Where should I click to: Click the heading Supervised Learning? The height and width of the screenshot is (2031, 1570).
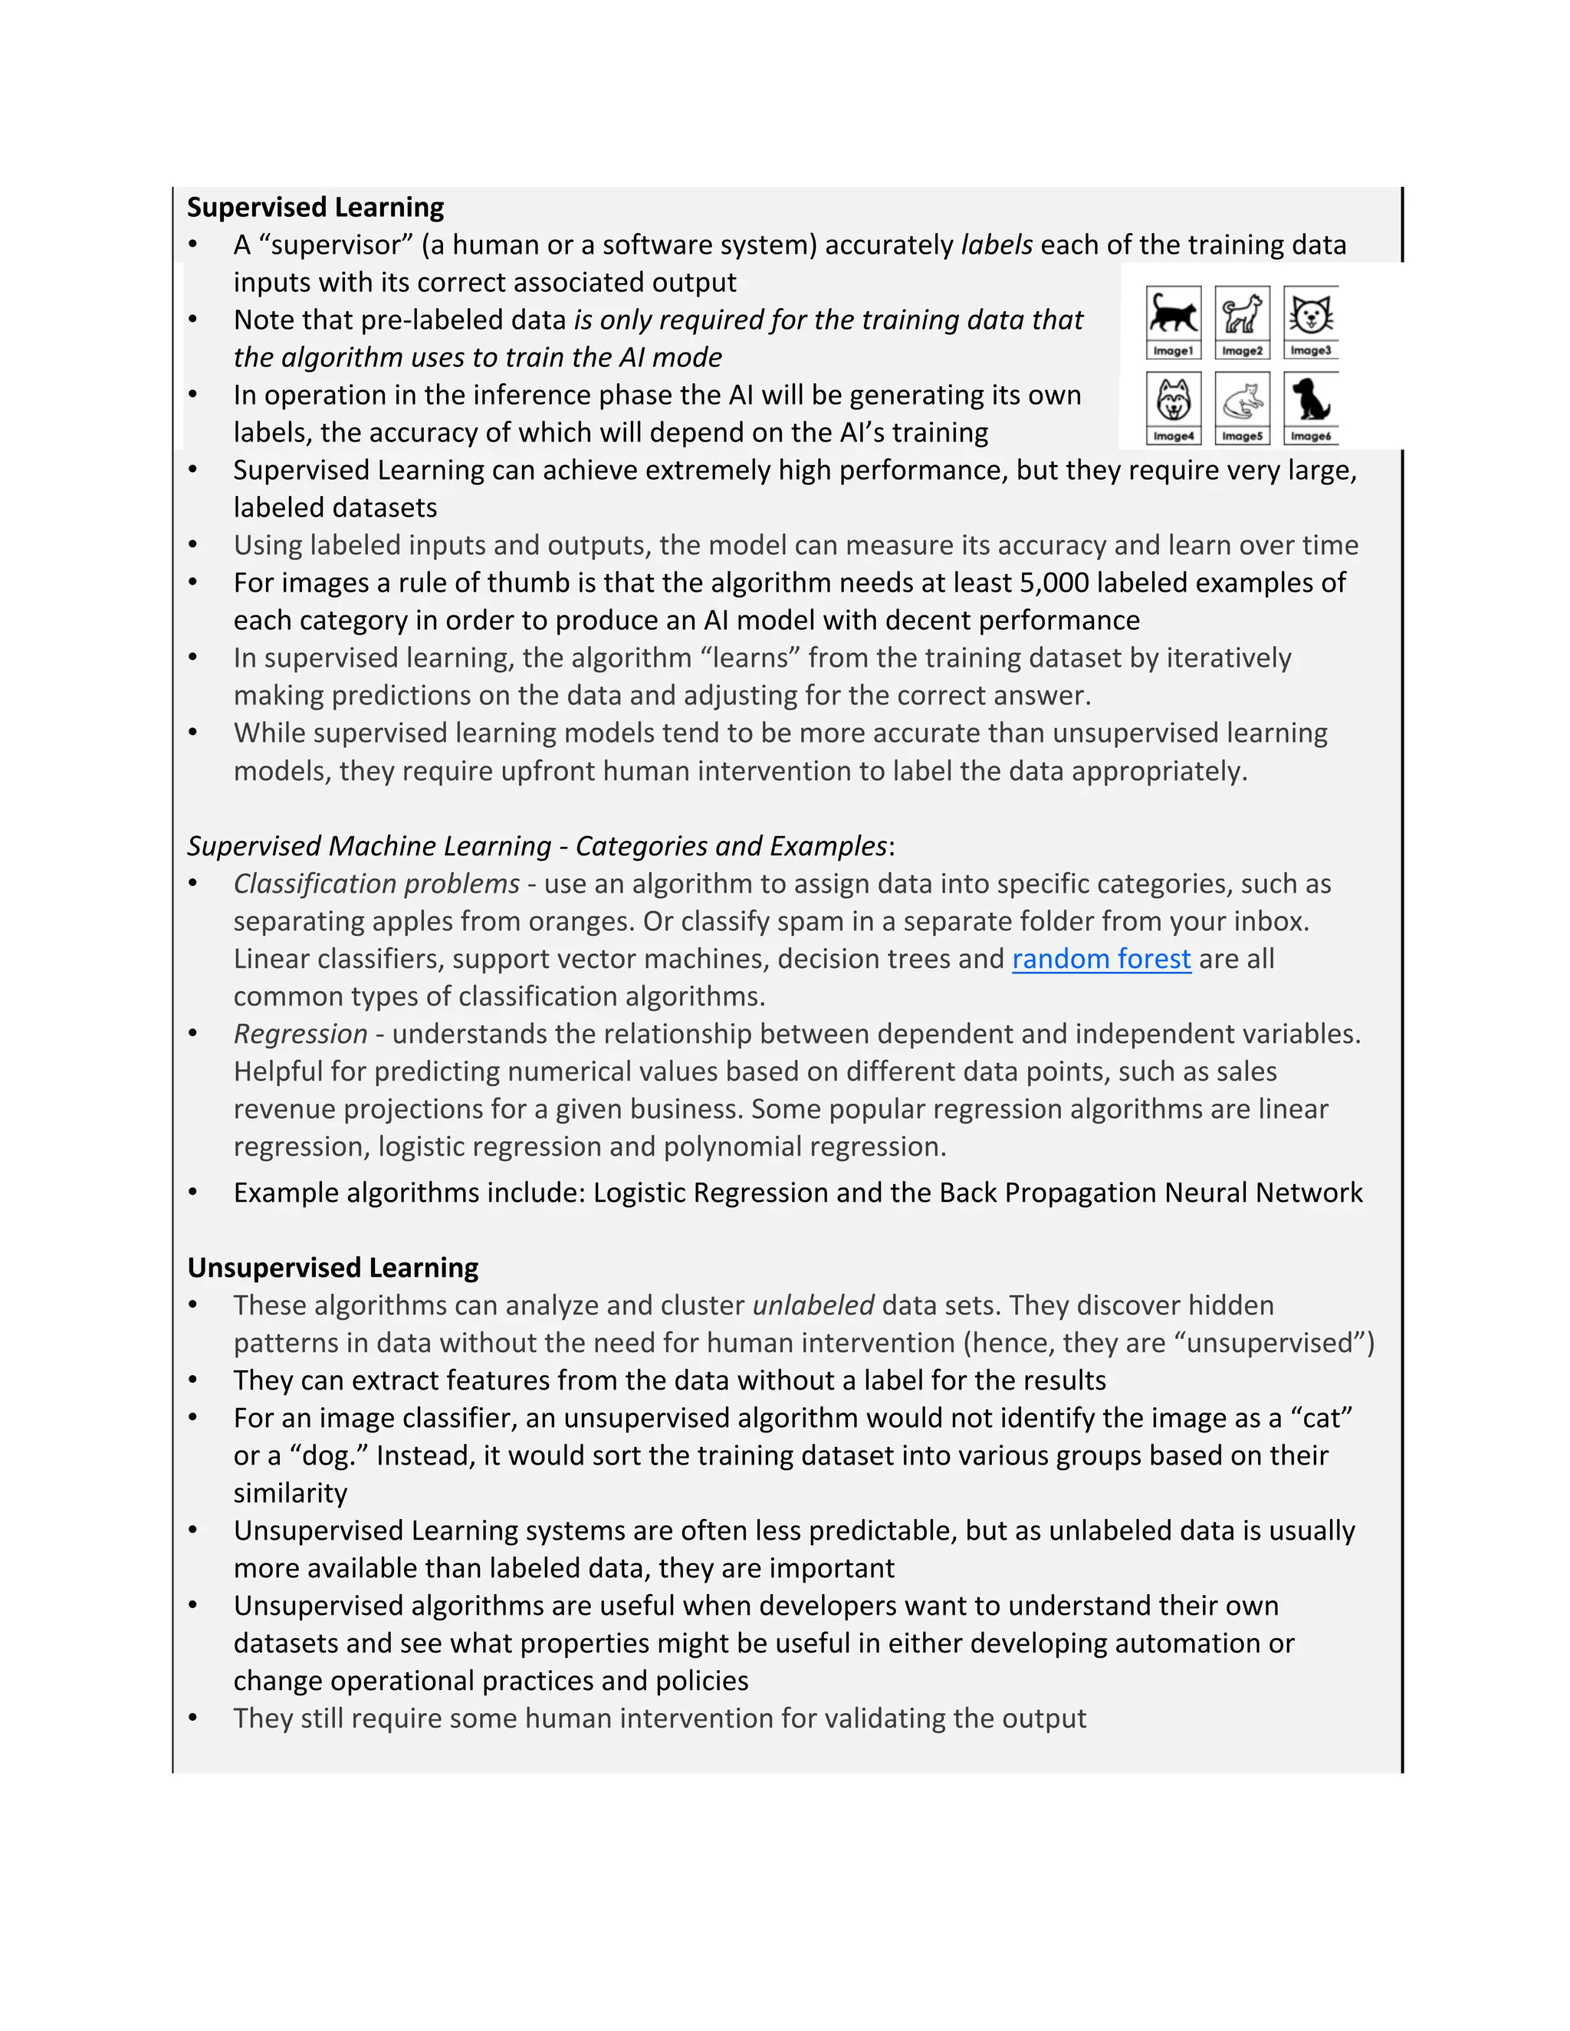tap(315, 206)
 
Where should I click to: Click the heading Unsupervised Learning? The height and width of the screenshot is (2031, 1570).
tap(332, 1268)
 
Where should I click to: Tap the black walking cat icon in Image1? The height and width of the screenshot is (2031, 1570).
tap(1173, 314)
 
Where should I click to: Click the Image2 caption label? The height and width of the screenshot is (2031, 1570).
tap(1242, 350)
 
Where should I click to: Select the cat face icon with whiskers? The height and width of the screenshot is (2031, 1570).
tap(1310, 314)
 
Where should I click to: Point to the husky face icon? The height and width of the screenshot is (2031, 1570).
tap(1173, 400)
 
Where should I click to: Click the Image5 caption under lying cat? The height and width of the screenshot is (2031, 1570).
tap(1242, 436)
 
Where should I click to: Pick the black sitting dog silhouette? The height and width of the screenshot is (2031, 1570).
tap(1310, 399)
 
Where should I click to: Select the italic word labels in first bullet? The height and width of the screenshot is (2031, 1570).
tap(996, 244)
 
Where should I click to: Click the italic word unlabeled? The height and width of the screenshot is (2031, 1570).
tap(813, 1306)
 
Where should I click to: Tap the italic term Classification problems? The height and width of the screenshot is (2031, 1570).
tap(376, 884)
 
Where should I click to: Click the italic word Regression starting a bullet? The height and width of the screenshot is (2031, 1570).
tap(301, 1034)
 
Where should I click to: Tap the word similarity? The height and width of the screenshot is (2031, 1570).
tap(291, 1494)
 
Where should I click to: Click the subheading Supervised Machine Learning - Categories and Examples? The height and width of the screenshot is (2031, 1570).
tap(537, 846)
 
